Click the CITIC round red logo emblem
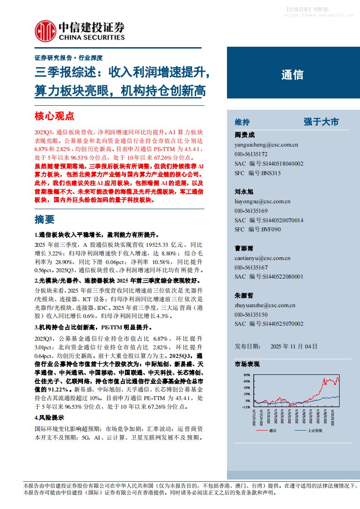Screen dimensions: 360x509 coord(45,31)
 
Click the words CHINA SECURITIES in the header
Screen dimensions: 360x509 coord(91,37)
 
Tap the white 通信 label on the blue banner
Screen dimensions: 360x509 coord(292,75)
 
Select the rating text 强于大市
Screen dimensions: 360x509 coord(321,122)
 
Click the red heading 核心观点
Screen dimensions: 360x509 coord(54,116)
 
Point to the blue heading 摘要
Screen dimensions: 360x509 coord(44,219)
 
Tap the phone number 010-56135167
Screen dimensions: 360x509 coord(251,267)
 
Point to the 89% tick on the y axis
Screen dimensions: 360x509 coord(247,375)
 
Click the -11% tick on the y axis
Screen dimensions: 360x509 coord(247,407)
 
